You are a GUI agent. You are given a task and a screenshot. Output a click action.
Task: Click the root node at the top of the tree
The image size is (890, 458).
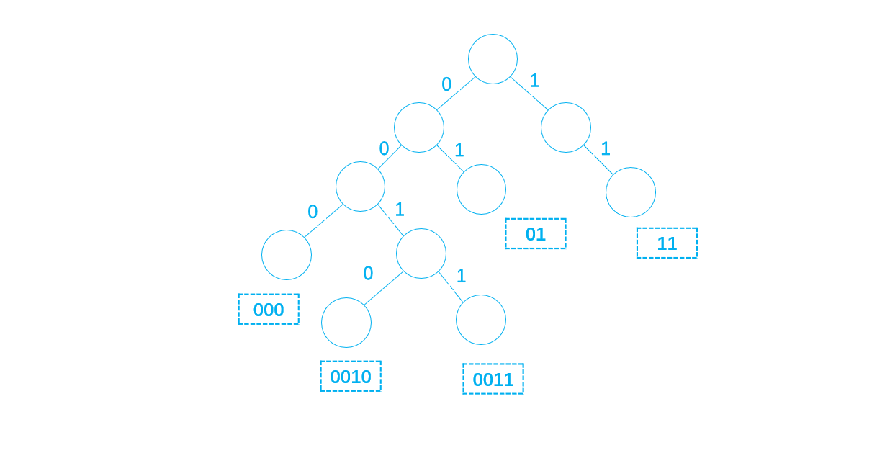tap(493, 59)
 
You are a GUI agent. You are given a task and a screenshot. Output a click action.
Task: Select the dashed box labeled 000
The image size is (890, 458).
tap(269, 310)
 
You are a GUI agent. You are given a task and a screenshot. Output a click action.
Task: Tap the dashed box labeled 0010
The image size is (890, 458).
tap(351, 377)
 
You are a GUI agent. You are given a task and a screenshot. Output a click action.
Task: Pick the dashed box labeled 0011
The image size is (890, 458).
tap(493, 380)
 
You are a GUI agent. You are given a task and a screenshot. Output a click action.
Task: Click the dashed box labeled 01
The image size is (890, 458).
tap(536, 234)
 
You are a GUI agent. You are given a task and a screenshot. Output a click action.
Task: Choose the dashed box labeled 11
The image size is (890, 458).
tap(667, 243)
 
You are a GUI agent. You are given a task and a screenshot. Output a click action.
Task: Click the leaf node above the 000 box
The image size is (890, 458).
tap(287, 255)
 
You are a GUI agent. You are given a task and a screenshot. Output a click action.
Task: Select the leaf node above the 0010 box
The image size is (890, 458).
tap(346, 323)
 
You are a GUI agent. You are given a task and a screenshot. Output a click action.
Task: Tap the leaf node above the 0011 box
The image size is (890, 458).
tap(481, 320)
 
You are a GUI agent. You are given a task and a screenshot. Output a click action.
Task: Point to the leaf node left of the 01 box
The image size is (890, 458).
tap(481, 189)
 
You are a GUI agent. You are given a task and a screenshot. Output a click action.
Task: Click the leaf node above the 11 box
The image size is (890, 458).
tap(631, 192)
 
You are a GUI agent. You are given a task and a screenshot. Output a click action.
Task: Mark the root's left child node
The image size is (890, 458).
tap(419, 127)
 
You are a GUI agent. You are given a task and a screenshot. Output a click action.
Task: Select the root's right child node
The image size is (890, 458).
tap(566, 127)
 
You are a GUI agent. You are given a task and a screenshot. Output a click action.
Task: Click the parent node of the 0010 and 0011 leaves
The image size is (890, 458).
tap(421, 253)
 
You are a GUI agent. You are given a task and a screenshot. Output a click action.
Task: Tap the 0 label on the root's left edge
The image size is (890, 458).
tap(446, 85)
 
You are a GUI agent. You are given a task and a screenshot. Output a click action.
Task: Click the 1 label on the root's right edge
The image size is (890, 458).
tap(534, 81)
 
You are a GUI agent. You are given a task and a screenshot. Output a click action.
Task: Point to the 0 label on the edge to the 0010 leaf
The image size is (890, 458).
tap(368, 274)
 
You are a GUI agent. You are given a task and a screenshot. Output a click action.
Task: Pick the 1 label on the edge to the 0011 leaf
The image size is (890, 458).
tap(462, 276)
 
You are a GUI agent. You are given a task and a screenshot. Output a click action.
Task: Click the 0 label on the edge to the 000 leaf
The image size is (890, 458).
tap(313, 212)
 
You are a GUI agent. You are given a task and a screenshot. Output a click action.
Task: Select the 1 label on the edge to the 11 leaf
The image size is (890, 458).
tap(606, 149)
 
